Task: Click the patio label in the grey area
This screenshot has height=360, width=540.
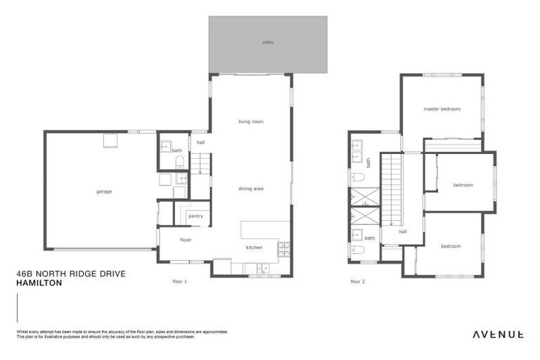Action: coord(268,42)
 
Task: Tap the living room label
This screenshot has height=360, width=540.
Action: coord(250,122)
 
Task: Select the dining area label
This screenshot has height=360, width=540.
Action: coord(250,188)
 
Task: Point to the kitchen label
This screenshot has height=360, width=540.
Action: coord(254,247)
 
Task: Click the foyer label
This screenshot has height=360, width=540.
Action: coord(186,240)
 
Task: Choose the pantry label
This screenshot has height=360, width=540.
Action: coord(195,216)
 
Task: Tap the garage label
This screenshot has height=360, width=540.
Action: coord(104,191)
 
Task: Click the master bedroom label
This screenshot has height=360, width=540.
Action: coord(442,109)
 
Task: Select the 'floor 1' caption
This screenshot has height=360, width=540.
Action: coord(179,281)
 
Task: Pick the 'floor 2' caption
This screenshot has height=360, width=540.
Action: coord(358,281)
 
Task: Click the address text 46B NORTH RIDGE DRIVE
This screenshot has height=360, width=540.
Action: coord(70,274)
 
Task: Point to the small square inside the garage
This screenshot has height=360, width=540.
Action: coord(110,141)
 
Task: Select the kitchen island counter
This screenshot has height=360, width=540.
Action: coord(265,230)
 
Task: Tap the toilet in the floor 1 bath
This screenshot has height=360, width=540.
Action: coord(179,162)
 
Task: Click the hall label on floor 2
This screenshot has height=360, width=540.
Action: coord(403,231)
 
